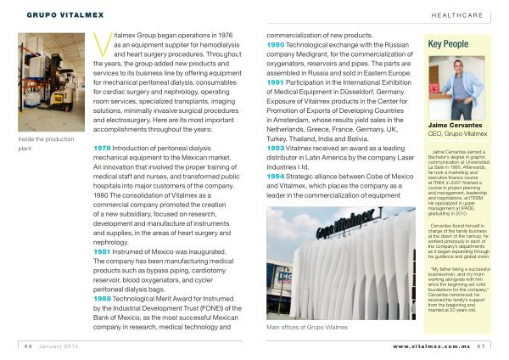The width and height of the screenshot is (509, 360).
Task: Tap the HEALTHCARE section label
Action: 458,14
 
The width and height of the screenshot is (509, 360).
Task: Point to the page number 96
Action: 28,346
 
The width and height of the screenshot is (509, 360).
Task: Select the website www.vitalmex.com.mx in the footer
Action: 431,346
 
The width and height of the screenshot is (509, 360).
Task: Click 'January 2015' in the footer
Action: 62,346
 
